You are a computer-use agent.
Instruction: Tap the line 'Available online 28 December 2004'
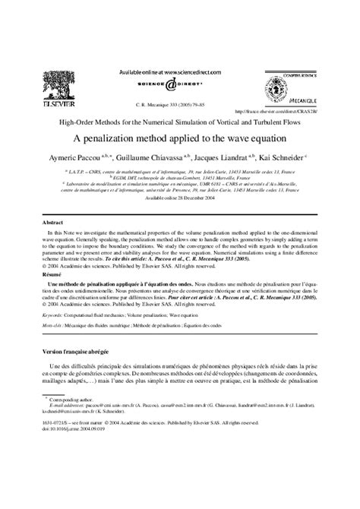tap(179, 197)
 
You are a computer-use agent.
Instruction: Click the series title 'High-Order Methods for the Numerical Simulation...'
tap(179, 122)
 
